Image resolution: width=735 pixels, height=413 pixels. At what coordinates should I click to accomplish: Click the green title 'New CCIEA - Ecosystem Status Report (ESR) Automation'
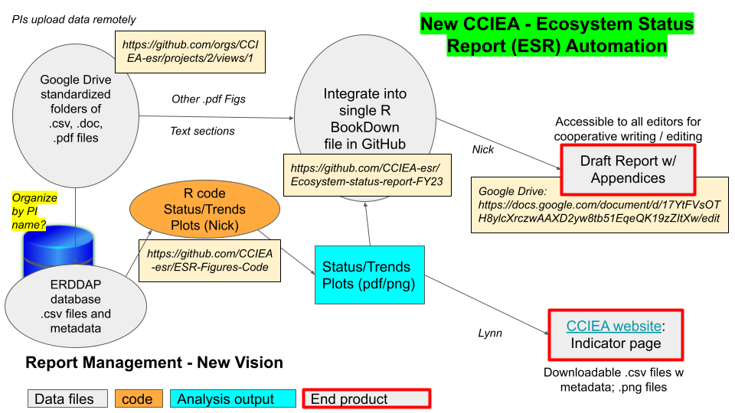(557, 34)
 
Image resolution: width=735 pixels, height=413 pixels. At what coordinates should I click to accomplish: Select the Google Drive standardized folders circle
(76, 115)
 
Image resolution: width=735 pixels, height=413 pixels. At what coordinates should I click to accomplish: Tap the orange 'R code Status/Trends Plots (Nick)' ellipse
(204, 210)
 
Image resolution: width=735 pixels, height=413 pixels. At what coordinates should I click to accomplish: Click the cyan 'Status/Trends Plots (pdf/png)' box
(369, 275)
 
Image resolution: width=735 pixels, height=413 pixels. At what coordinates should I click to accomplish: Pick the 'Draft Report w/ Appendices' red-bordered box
(628, 170)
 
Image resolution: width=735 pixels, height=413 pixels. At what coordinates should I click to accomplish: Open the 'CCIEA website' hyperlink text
(613, 326)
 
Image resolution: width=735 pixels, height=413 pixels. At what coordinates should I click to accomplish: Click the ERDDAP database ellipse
(76, 306)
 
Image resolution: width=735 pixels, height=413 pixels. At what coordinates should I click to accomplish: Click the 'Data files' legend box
(67, 398)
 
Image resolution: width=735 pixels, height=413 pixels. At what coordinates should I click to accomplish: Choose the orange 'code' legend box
(139, 398)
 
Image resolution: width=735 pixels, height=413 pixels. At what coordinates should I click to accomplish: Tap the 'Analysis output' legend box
(233, 398)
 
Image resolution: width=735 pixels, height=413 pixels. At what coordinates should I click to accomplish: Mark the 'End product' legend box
(367, 398)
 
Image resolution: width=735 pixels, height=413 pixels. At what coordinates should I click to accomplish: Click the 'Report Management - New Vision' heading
(154, 363)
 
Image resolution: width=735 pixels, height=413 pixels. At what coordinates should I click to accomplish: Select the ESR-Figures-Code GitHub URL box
(210, 261)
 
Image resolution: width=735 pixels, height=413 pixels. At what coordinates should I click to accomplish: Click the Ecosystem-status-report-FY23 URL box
(367, 175)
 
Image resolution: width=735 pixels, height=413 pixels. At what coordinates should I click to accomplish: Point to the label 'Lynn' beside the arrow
(490, 333)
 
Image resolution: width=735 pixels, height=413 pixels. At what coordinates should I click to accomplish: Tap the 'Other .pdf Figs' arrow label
(208, 99)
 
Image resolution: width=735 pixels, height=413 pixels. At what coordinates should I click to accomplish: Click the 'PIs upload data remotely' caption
(73, 20)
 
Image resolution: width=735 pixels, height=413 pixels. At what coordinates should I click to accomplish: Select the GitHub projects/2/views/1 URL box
(191, 52)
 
